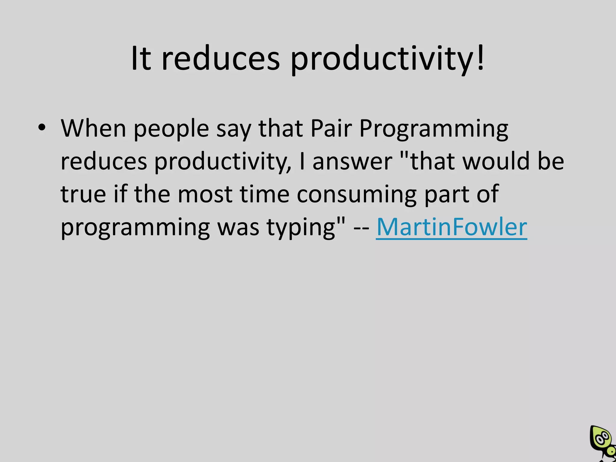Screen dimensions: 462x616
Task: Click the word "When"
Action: click(x=94, y=128)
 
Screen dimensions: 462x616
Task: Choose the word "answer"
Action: click(x=353, y=162)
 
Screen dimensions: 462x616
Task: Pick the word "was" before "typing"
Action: click(x=238, y=228)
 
